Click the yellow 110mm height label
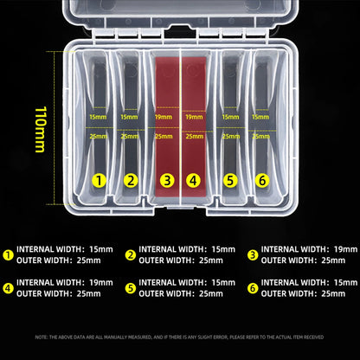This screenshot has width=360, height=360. pos(40,130)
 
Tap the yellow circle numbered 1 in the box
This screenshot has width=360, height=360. pos(100,181)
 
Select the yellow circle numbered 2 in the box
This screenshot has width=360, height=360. pos(131,181)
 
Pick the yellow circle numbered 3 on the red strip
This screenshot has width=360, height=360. pos(167,181)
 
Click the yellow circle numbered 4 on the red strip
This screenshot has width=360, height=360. pos(194,181)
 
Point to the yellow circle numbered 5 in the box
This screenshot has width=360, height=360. pos(230,181)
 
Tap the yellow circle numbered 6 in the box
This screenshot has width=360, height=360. pos(261,181)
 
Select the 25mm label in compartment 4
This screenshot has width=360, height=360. pos(195,136)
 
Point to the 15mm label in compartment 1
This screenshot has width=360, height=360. pos(98,117)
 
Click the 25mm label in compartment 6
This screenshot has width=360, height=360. pos(260,136)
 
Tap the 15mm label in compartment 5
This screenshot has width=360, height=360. pos(229,117)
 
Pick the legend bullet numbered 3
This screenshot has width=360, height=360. pos(253,255)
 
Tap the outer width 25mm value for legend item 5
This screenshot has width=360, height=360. pos(210,293)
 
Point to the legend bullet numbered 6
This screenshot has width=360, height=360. pos(253,288)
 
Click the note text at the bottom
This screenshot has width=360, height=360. pos(180,337)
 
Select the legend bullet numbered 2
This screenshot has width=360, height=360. pos(131,255)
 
